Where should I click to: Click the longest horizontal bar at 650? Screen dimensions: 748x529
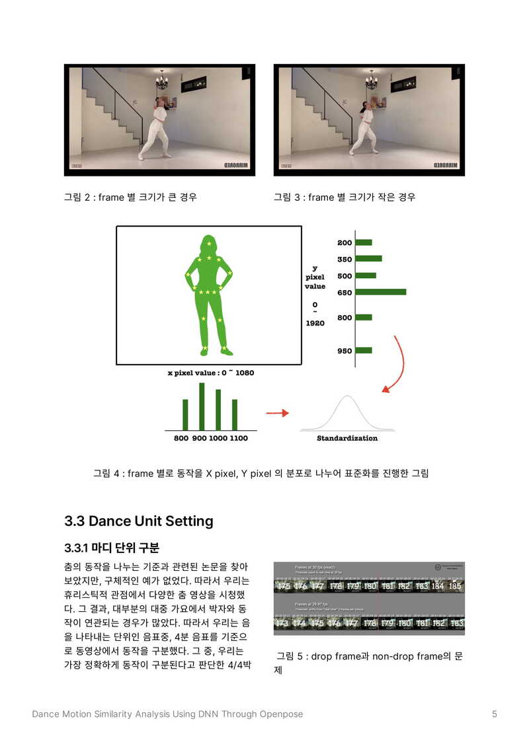[x=381, y=291]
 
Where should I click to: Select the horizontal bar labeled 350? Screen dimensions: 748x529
[x=368, y=258]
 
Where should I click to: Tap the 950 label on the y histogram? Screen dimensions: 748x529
[x=345, y=351]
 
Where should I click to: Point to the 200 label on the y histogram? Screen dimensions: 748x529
[x=345, y=243]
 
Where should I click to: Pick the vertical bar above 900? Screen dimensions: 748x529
[x=202, y=406]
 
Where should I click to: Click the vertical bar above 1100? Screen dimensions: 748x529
[x=235, y=414]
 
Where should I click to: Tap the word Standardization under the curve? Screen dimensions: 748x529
[x=347, y=438]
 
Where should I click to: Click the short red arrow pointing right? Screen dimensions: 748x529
[x=278, y=413]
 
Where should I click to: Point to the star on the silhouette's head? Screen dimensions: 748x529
[x=209, y=244]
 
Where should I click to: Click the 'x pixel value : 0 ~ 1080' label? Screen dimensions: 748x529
[x=210, y=373]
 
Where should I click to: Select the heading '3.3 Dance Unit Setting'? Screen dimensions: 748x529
[x=139, y=521]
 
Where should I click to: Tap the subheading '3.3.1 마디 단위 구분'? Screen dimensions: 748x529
[x=112, y=548]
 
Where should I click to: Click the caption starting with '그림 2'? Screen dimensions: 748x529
[x=130, y=197]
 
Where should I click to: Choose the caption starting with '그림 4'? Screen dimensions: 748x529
[x=261, y=473]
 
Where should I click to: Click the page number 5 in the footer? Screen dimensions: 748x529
[x=495, y=714]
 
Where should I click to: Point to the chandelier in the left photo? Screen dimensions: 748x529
[x=161, y=81]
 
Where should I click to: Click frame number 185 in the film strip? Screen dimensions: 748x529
[x=455, y=586]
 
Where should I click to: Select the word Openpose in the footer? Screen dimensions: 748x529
[x=280, y=714]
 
